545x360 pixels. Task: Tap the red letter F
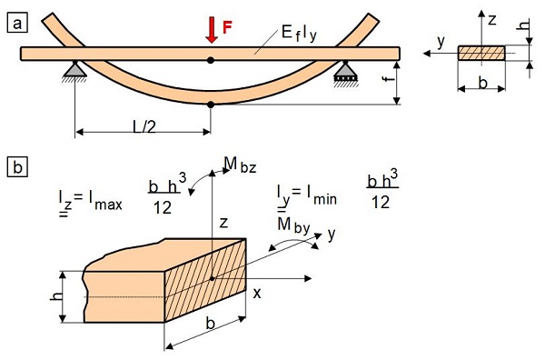pyautogui.click(x=227, y=27)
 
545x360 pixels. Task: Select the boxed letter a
pyautogui.click(x=17, y=24)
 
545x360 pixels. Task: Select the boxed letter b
pyautogui.click(x=17, y=167)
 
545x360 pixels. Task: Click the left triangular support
pyautogui.click(x=74, y=70)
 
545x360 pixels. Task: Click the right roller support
pyautogui.click(x=345, y=71)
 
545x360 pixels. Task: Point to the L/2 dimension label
pyautogui.click(x=144, y=127)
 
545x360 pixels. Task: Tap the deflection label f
pyautogui.click(x=390, y=78)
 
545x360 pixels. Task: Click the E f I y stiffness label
pyautogui.click(x=299, y=34)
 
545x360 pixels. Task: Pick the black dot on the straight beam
pyautogui.click(x=211, y=60)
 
